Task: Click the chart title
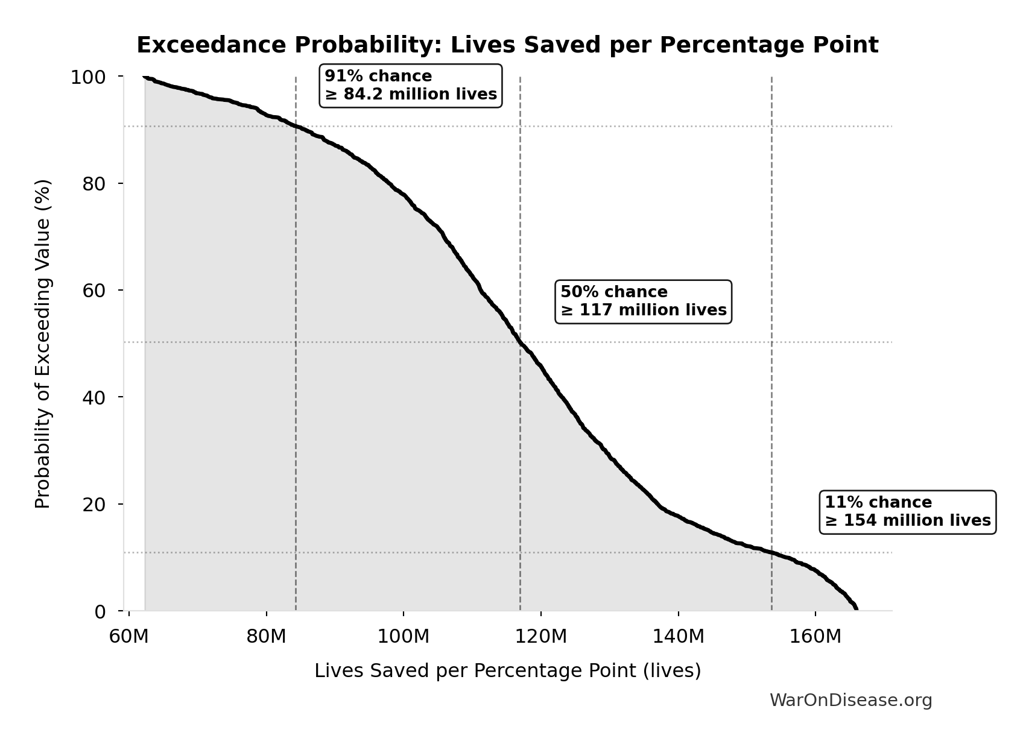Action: click(507, 46)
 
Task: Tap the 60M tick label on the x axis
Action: click(128, 636)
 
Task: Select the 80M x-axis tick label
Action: click(266, 636)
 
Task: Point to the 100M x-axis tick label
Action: click(404, 636)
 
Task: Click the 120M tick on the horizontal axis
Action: click(541, 636)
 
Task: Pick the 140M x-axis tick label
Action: click(678, 636)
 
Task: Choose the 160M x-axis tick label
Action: click(815, 636)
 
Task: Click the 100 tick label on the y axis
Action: click(88, 77)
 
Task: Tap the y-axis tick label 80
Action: click(94, 184)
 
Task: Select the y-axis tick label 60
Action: click(94, 291)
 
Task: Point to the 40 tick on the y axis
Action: click(94, 397)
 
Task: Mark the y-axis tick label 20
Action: click(94, 504)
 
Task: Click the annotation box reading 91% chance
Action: click(411, 86)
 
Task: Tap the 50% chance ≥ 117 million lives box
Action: click(643, 301)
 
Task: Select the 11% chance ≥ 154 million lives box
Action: click(907, 512)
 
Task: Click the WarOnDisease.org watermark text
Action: click(850, 701)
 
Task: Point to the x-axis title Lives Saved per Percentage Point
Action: click(507, 671)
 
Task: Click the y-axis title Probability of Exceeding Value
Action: click(43, 344)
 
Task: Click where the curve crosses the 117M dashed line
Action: click(520, 342)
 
